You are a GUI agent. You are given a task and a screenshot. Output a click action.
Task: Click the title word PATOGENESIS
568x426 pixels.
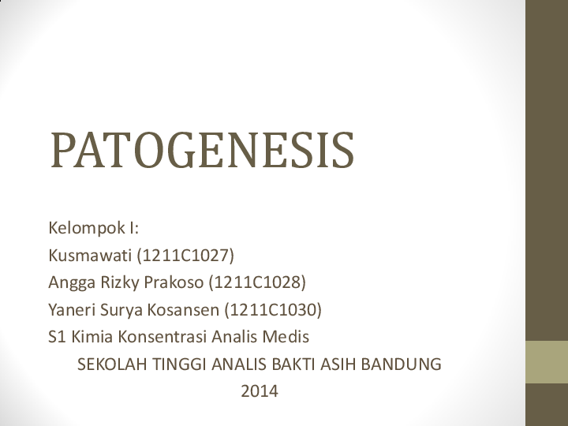tap(202, 151)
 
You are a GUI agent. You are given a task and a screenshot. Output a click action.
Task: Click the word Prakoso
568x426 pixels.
tap(178, 282)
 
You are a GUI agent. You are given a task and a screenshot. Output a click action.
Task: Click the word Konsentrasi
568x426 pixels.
tap(163, 337)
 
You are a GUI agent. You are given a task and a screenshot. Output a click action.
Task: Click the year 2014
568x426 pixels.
tap(260, 390)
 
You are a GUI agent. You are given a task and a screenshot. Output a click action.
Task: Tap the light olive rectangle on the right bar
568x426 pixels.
tap(547, 362)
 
